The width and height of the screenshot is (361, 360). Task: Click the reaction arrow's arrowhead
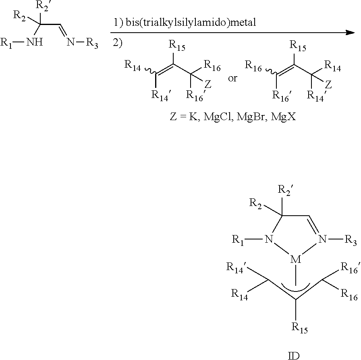point(350,33)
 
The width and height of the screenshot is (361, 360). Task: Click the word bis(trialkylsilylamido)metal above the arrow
point(191,23)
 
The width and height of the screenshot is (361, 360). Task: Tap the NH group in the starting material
point(35,42)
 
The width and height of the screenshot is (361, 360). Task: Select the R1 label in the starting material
point(6,43)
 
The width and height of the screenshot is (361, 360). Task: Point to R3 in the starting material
point(92,43)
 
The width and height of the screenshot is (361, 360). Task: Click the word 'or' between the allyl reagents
point(232,79)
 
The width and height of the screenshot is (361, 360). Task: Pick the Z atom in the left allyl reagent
point(207,85)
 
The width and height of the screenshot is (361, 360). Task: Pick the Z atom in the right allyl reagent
point(328,85)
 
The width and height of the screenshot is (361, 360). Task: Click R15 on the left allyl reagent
point(177,45)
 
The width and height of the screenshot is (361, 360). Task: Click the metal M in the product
point(296,260)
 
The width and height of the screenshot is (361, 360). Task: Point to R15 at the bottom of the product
point(299,328)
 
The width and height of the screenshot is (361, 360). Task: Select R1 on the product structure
point(238,240)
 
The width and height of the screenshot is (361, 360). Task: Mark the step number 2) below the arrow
point(117,43)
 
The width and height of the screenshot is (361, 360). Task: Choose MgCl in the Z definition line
point(217,117)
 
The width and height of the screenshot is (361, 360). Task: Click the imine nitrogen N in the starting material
point(71,42)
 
